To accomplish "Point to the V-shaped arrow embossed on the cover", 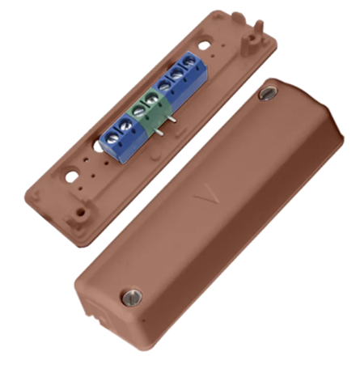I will [x=207, y=195].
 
